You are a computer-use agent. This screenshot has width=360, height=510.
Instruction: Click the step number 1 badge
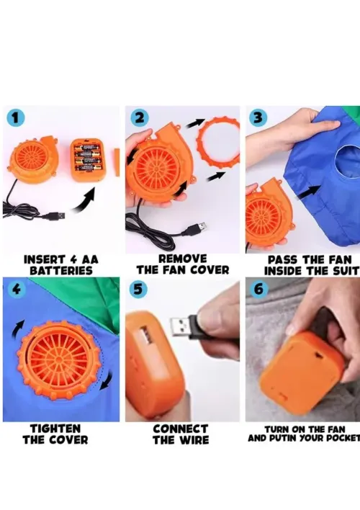tap(15, 117)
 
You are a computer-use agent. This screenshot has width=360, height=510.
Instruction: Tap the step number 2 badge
tap(140, 117)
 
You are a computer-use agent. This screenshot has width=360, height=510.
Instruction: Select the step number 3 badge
tap(258, 117)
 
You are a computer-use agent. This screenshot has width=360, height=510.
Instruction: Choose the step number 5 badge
tap(138, 289)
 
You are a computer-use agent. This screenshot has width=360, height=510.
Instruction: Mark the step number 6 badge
tap(259, 289)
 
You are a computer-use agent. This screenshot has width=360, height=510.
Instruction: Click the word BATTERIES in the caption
tap(61, 271)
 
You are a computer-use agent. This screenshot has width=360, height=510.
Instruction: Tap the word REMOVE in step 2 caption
tap(183, 259)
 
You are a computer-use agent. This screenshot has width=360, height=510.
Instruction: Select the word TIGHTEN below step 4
tap(55, 429)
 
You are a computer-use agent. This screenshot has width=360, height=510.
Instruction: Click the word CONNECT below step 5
tap(181, 429)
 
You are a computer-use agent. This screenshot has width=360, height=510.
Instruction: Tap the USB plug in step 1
tap(54, 216)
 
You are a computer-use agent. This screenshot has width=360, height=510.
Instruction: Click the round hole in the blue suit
tap(346, 163)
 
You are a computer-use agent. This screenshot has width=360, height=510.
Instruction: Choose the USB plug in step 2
tap(194, 229)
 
